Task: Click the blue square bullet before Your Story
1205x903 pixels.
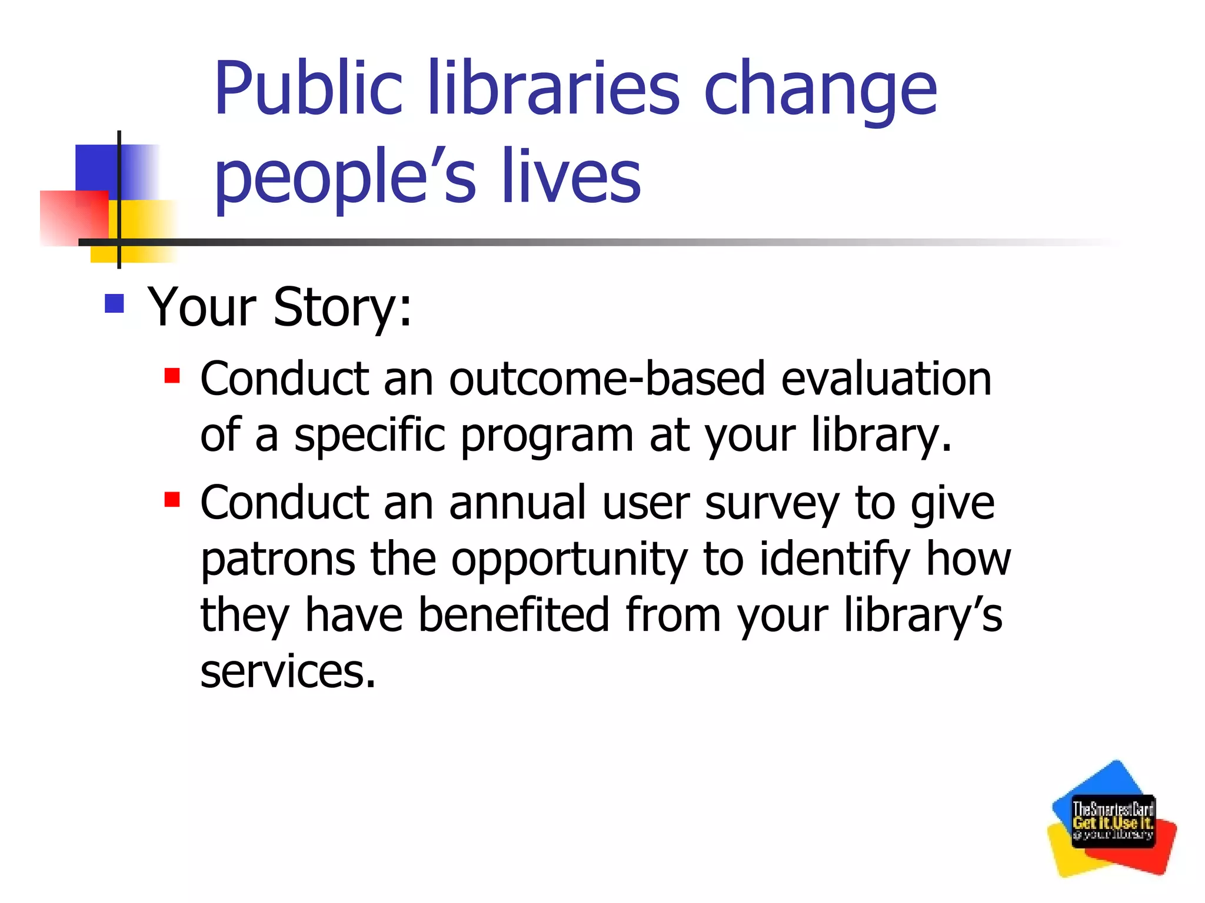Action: pyautogui.click(x=114, y=303)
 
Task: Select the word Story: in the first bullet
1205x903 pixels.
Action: pyautogui.click(x=342, y=307)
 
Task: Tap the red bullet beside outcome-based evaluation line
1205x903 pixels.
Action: pyautogui.click(x=172, y=375)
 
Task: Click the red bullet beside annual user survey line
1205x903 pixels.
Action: pyautogui.click(x=172, y=500)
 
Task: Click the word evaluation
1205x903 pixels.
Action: pyautogui.click(x=886, y=379)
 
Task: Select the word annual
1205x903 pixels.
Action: pyautogui.click(x=517, y=503)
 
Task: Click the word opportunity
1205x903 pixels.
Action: pyautogui.click(x=569, y=560)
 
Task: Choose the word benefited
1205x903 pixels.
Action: pyautogui.click(x=513, y=615)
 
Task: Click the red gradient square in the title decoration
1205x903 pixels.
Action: pyautogui.click(x=74, y=218)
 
